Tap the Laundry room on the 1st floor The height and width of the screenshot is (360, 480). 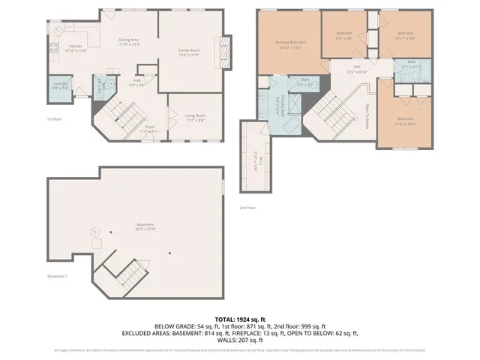coord(60,85)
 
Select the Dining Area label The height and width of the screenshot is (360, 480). coord(130,41)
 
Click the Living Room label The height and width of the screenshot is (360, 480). coord(196,116)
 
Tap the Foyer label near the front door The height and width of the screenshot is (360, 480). coord(149,129)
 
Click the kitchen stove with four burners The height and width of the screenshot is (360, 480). coord(54,49)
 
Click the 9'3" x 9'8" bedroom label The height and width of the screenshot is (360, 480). coord(344,34)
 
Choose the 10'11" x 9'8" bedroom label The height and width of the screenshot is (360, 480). coord(405,34)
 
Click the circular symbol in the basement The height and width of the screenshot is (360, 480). coord(95,232)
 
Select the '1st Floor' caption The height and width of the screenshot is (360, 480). coord(55,119)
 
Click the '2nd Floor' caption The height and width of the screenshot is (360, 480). coord(247,208)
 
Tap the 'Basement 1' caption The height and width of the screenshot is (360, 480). coord(57,277)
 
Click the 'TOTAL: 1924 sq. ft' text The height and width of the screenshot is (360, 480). coord(239,319)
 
